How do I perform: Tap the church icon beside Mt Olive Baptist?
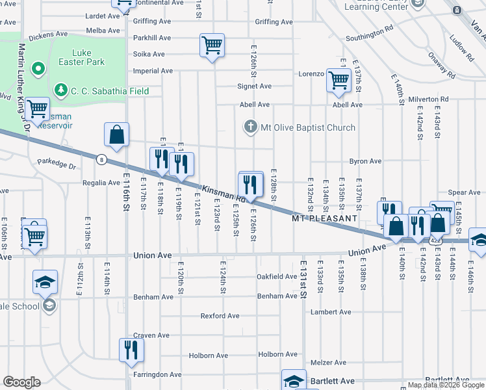(x=251, y=127)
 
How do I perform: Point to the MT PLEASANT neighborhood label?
(x=325, y=218)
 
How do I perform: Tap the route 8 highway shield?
(x=101, y=159)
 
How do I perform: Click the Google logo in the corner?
(x=21, y=382)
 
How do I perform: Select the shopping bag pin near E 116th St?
(x=116, y=135)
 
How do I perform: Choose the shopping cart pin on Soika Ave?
(x=212, y=46)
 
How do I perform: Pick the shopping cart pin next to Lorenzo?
(x=339, y=80)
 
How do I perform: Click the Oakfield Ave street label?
(x=277, y=277)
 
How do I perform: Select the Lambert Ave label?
(x=331, y=312)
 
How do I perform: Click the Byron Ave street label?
(x=365, y=161)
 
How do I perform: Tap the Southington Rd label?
(x=369, y=33)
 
